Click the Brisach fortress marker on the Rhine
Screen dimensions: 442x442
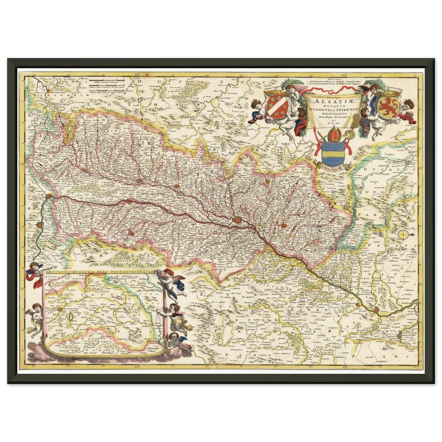tap(126, 202)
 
